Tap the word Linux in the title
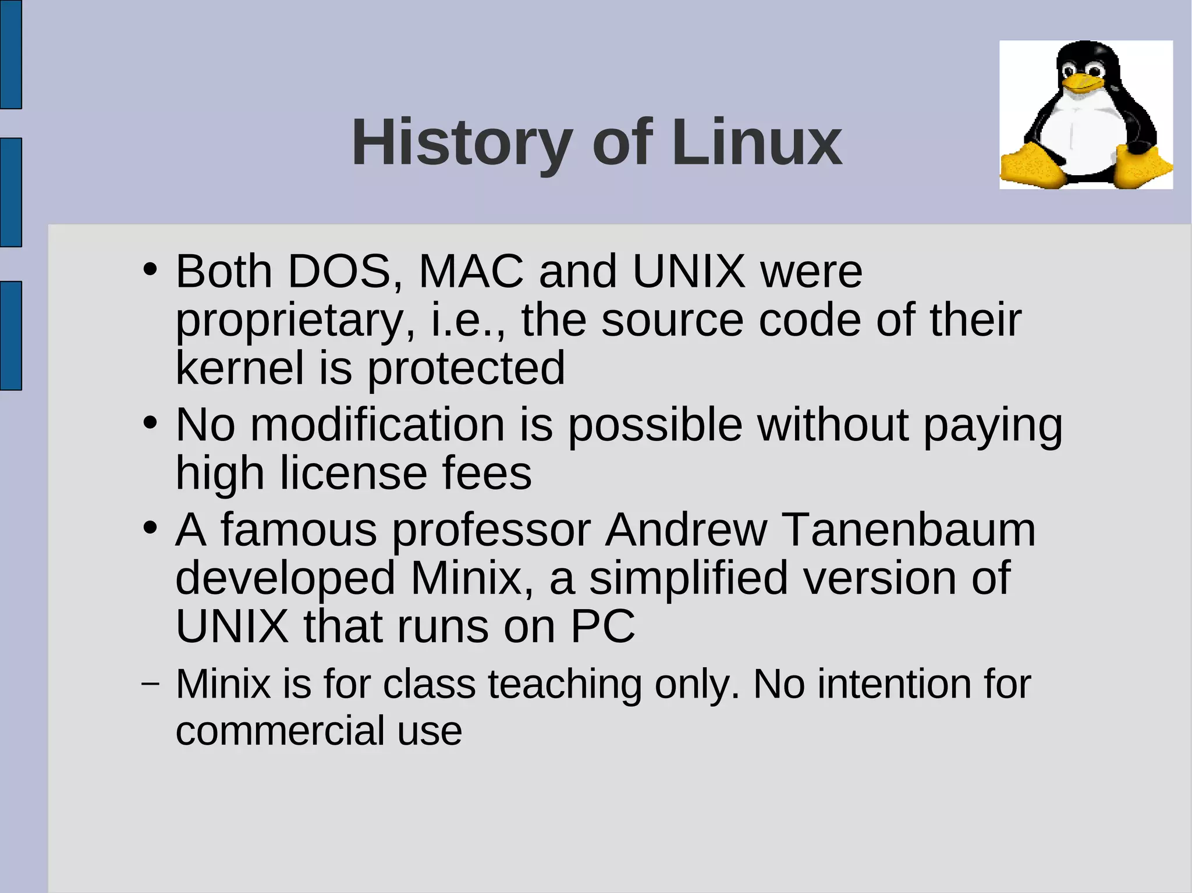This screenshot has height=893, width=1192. (756, 143)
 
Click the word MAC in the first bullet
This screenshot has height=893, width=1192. (471, 271)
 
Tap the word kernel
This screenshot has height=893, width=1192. (240, 368)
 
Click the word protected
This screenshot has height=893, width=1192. (466, 368)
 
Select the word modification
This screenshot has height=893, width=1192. (378, 425)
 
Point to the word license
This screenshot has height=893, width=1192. (353, 473)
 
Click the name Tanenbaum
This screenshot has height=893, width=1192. (908, 530)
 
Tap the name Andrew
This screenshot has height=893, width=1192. (686, 530)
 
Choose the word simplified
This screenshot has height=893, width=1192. (688, 578)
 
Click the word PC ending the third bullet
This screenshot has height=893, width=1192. (602, 627)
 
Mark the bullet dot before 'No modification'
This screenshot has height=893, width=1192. (150, 423)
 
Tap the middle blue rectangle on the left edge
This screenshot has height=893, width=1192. (10, 192)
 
